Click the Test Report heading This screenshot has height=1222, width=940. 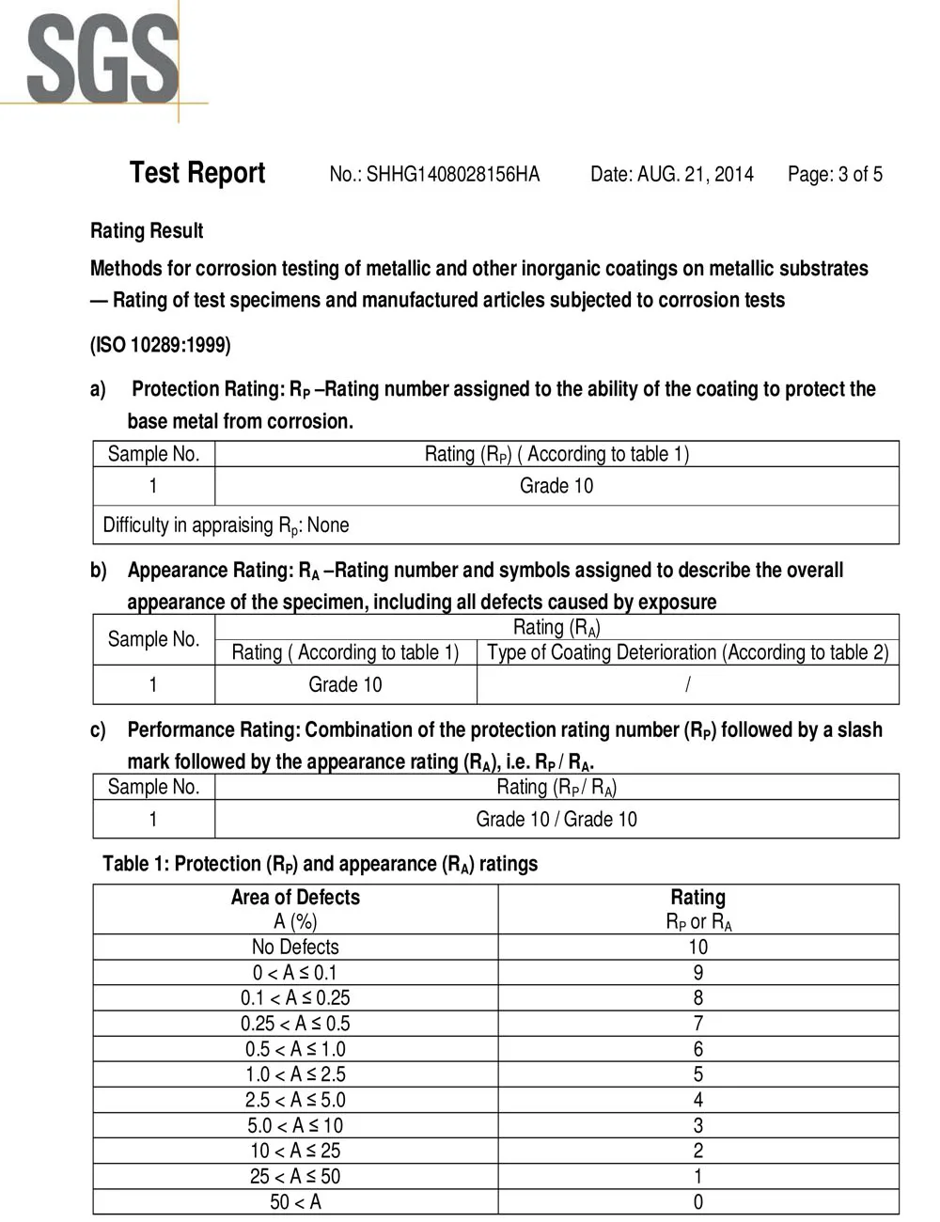197,173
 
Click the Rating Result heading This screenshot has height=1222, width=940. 147,231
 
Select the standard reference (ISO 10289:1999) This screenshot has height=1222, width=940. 160,345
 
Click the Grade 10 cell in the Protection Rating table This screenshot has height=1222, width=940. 556,486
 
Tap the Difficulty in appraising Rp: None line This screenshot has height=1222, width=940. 226,525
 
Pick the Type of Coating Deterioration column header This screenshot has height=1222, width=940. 687,652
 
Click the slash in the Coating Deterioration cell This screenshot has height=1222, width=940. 687,685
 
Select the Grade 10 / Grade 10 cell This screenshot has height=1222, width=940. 556,820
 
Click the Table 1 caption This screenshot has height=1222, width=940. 320,864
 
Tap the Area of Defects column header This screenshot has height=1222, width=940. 295,898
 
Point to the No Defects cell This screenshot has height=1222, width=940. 295,948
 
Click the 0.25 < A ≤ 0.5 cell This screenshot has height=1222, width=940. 295,1024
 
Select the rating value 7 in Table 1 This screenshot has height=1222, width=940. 698,1024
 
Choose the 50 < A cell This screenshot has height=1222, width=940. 295,1201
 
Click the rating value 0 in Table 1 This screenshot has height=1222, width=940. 698,1201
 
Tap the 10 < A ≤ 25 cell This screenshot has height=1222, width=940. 295,1151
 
